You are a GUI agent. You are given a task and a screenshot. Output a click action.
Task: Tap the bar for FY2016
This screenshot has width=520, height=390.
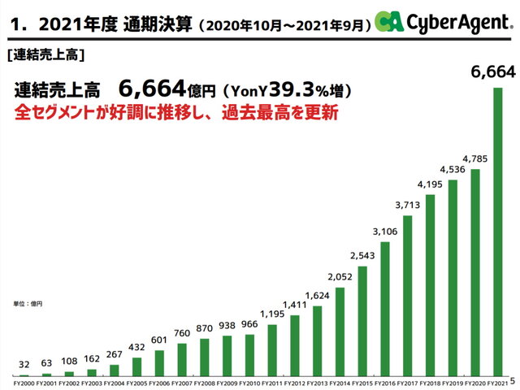(x=386, y=309)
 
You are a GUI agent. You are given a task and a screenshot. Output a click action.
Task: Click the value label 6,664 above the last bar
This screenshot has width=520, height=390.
(x=493, y=73)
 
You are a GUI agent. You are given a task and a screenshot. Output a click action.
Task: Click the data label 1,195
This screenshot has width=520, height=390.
(x=273, y=314)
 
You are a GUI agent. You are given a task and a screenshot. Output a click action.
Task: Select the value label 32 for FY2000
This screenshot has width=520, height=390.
(x=24, y=365)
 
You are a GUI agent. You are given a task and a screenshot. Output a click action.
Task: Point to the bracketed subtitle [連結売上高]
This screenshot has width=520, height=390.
(x=45, y=57)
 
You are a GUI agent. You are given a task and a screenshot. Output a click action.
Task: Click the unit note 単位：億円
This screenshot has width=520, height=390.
(x=28, y=303)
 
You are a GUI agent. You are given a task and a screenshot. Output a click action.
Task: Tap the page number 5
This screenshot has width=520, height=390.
(x=514, y=381)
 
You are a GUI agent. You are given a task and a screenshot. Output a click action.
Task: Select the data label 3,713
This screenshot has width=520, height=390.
(x=409, y=205)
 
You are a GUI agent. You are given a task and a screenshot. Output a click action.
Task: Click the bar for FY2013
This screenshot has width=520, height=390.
(x=318, y=340)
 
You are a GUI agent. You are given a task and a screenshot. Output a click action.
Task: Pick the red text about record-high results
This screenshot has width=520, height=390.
(x=175, y=113)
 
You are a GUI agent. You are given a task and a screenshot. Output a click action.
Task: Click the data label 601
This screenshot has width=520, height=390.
(x=159, y=340)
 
